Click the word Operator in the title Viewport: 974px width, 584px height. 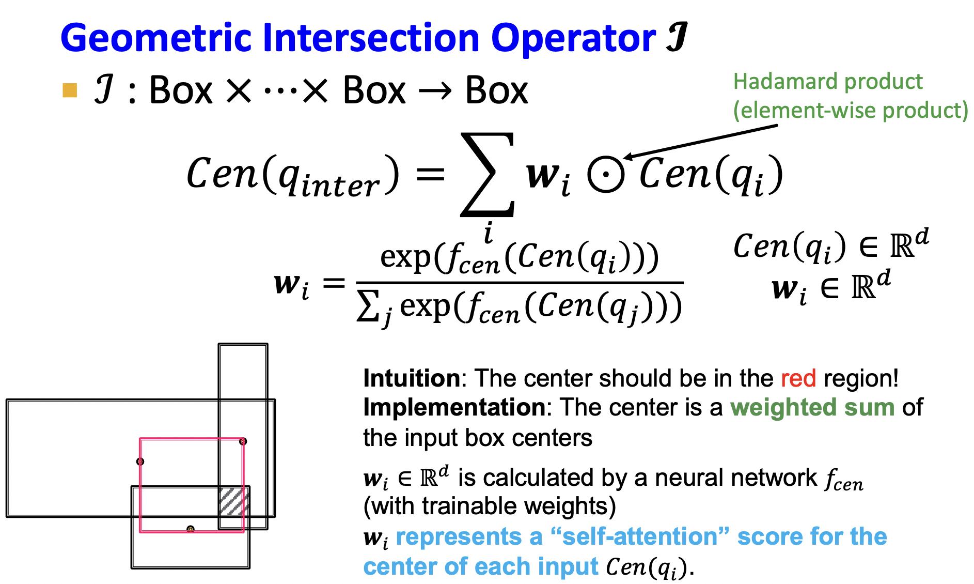pos(573,38)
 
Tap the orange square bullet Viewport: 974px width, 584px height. pos(70,90)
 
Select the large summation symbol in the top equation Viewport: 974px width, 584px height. pos(488,174)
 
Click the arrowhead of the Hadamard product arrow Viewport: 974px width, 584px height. pos(628,157)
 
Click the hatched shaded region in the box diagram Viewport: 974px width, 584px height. pos(234,501)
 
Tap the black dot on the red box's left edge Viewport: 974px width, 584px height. pos(140,461)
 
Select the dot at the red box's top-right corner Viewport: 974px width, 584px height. pos(243,441)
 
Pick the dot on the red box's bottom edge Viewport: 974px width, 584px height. pos(191,529)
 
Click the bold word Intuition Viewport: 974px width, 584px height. pos(412,378)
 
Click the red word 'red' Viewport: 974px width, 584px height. pos(798,378)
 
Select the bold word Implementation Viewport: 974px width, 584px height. pos(454,407)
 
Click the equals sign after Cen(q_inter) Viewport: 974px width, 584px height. pos(430,174)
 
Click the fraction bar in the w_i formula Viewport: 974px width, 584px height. pos(520,283)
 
